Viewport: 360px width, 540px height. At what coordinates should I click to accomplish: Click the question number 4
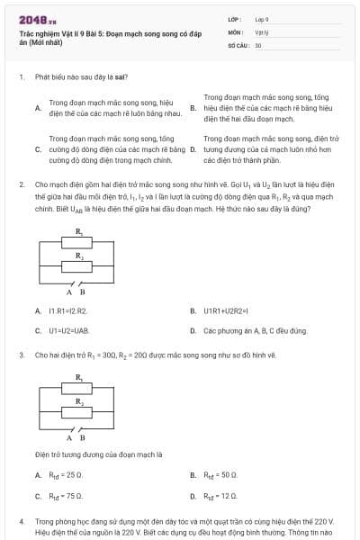tap(21, 521)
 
